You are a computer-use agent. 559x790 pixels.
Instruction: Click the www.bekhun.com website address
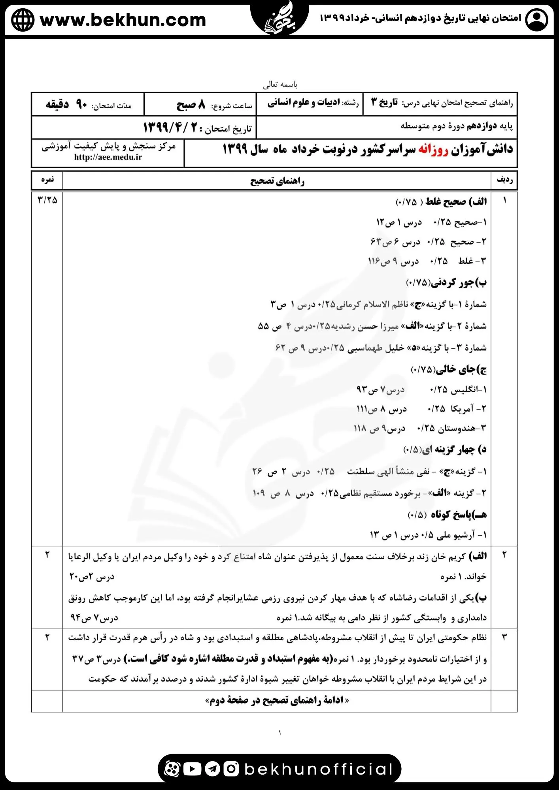click(x=123, y=20)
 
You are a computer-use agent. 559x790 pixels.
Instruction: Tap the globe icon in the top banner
click(x=23, y=20)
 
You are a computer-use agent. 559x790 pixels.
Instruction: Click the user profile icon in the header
click(x=536, y=19)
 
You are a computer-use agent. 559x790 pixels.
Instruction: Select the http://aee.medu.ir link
click(x=108, y=157)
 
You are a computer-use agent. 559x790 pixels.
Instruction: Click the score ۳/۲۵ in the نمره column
click(x=47, y=200)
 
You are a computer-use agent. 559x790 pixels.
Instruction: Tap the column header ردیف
click(x=504, y=180)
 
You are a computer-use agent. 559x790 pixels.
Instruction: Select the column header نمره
click(x=47, y=180)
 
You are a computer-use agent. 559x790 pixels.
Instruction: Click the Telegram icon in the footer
click(x=213, y=769)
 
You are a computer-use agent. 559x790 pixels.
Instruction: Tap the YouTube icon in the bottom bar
click(x=193, y=769)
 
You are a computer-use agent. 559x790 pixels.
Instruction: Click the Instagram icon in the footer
click(x=231, y=769)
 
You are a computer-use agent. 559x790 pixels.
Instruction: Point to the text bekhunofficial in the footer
click(x=318, y=769)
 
